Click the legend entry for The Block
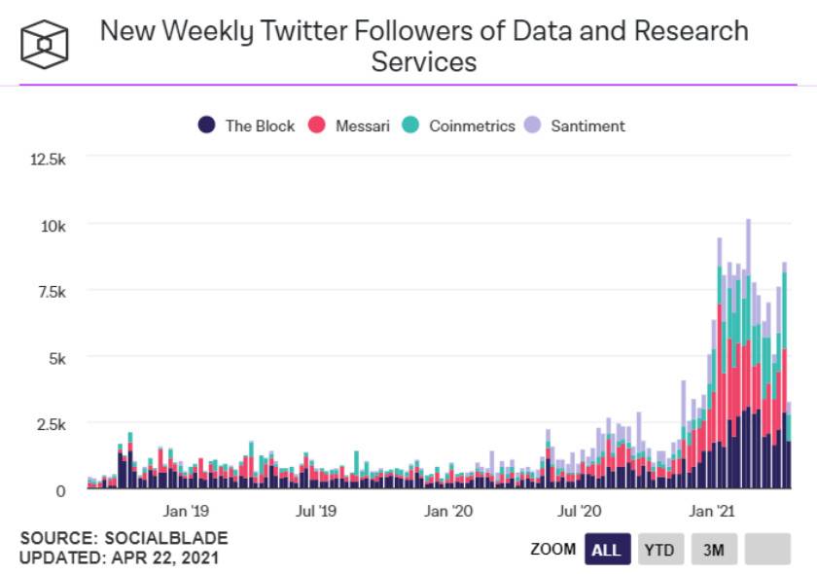tap(248, 126)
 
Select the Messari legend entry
tap(351, 126)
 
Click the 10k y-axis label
tap(52, 225)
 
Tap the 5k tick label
tap(54, 358)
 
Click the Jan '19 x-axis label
tap(186, 510)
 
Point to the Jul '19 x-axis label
tap(316, 510)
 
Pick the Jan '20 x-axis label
tap(448, 510)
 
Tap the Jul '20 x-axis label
tap(580, 510)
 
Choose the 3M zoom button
tap(714, 550)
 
